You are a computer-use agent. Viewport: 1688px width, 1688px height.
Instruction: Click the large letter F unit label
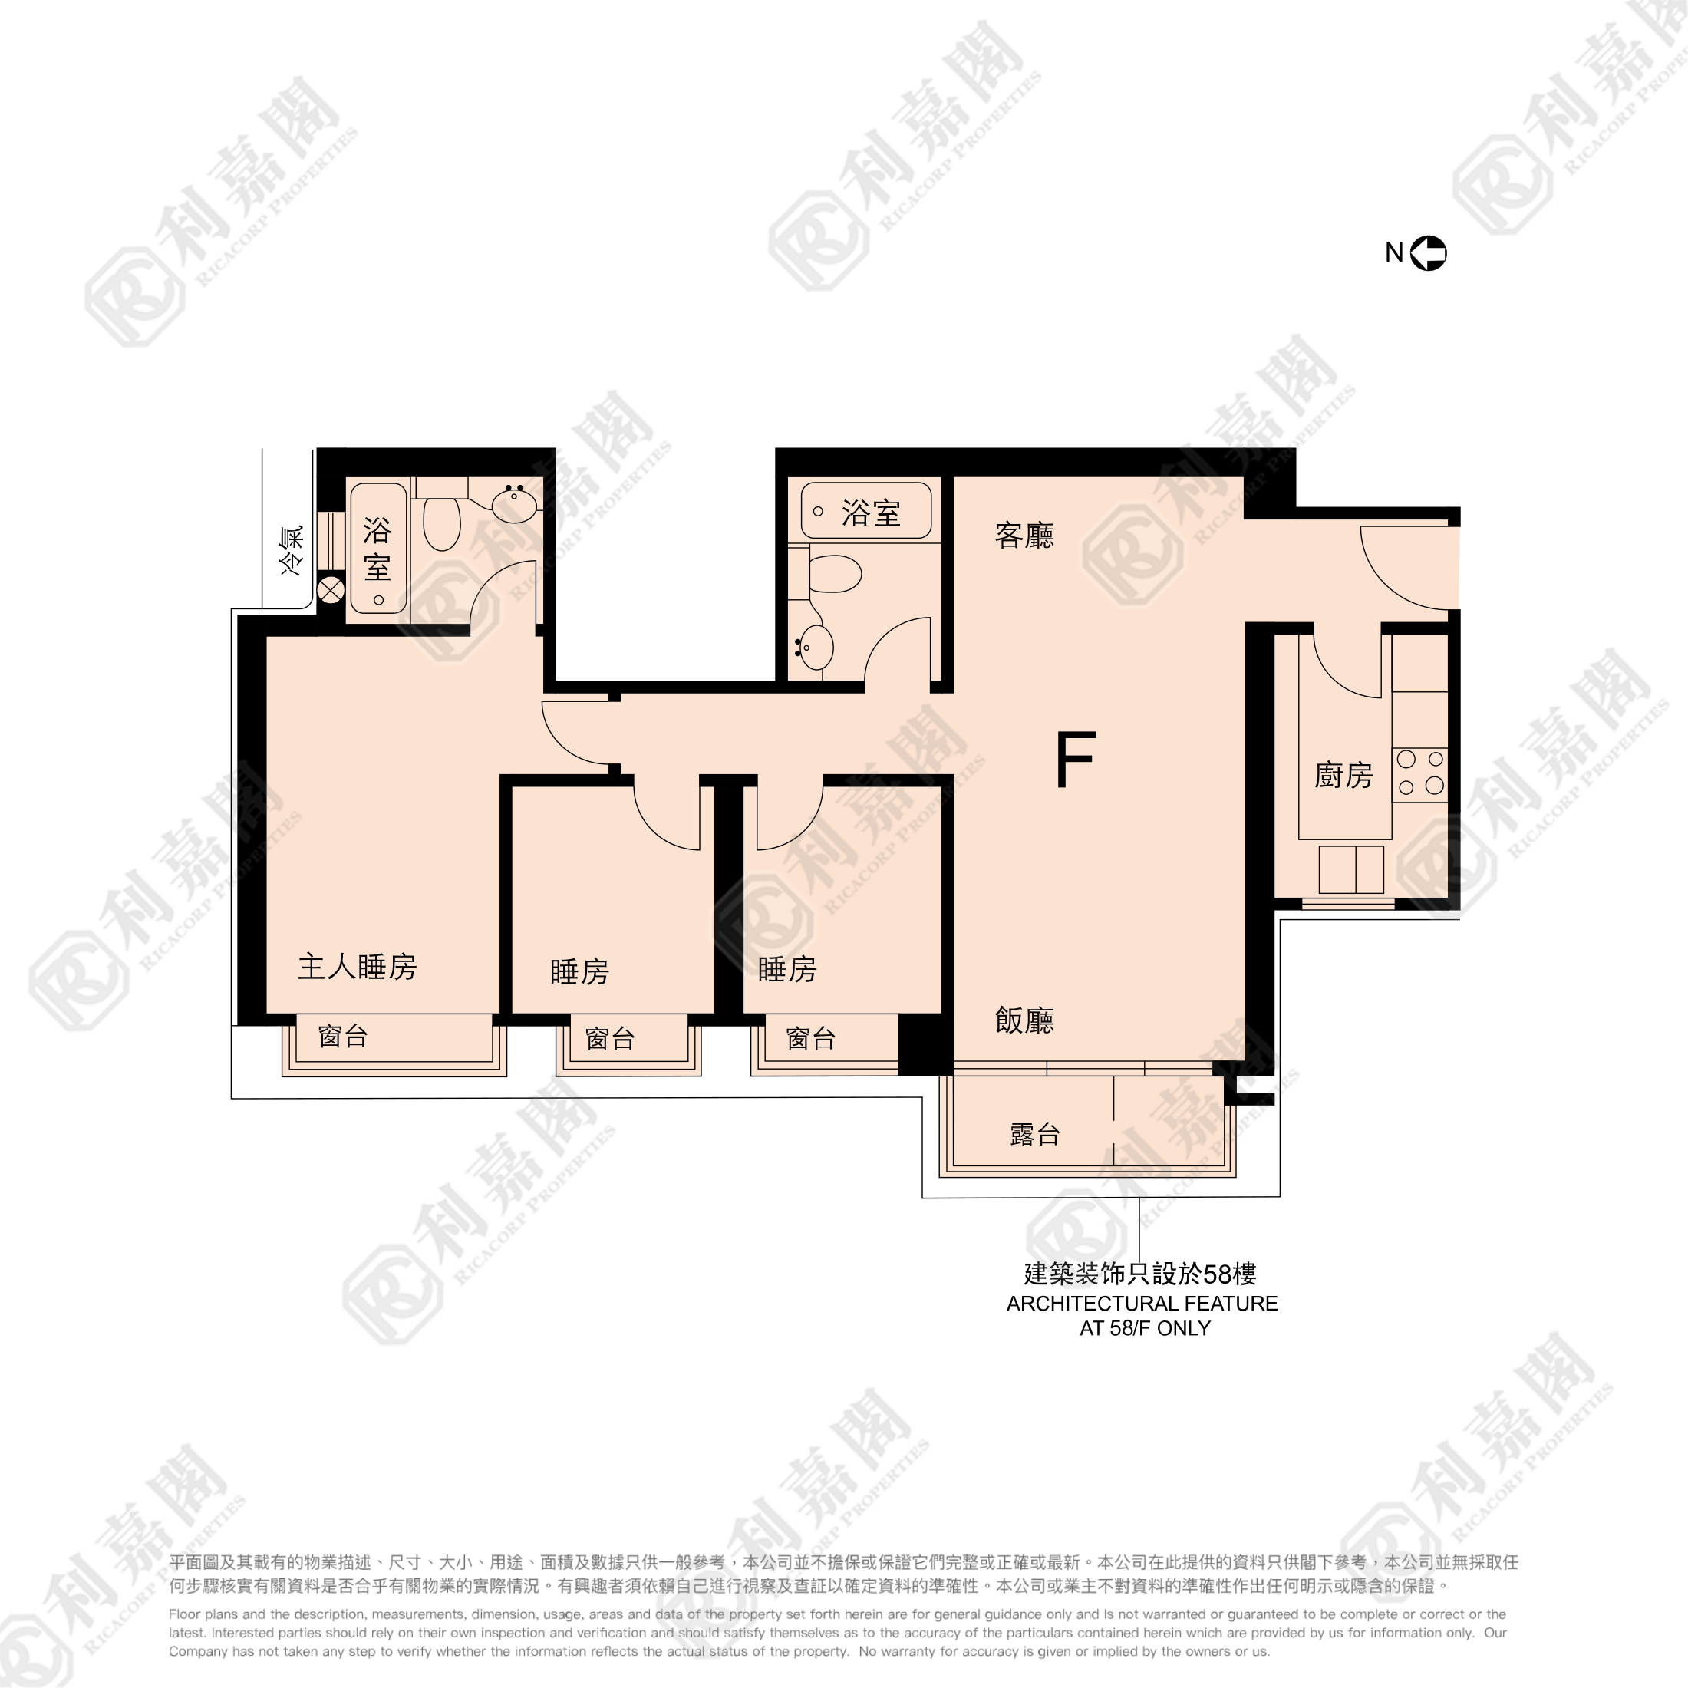click(x=1075, y=760)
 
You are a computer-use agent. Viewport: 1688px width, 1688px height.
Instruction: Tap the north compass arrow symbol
click(x=1429, y=253)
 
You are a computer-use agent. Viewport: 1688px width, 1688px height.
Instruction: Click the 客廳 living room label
click(x=1024, y=535)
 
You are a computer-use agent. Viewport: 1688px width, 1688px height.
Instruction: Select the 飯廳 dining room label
click(x=1024, y=1020)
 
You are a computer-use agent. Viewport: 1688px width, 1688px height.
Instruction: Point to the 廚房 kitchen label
click(x=1343, y=775)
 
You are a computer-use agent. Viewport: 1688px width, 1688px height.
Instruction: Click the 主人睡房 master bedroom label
click(x=358, y=966)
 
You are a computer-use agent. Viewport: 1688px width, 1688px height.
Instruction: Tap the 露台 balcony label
click(x=1035, y=1134)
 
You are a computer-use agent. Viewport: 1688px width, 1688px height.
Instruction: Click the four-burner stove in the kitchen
click(x=1419, y=774)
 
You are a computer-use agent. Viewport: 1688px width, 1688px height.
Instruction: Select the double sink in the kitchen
click(x=1352, y=869)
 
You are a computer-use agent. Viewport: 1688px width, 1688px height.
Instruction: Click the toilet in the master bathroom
click(x=442, y=523)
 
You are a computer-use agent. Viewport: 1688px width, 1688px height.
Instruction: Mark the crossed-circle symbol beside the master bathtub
click(x=331, y=591)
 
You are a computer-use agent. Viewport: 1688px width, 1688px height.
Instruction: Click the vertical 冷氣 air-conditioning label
click(x=291, y=550)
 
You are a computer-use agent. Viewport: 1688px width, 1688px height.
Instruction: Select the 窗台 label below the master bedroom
click(x=344, y=1037)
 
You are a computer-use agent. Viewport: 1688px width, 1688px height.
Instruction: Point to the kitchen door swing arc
click(x=1341, y=673)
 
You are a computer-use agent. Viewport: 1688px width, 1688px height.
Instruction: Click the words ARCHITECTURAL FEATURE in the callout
click(x=1142, y=1304)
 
